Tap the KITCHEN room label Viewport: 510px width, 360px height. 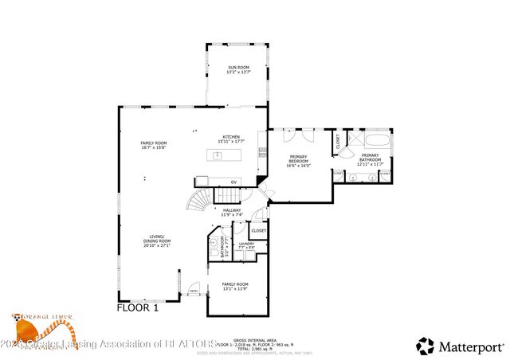(x=231, y=136)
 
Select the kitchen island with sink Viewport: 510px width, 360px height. (x=224, y=155)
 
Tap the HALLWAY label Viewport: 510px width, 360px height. (x=232, y=210)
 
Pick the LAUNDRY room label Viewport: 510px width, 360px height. (x=246, y=244)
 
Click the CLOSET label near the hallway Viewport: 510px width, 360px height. (x=259, y=230)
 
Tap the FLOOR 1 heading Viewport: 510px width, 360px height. (x=138, y=307)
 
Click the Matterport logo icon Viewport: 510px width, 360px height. (x=426, y=346)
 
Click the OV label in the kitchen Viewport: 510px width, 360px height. (x=233, y=182)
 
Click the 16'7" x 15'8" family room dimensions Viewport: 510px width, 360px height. (x=154, y=147)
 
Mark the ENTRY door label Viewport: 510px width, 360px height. (x=193, y=292)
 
